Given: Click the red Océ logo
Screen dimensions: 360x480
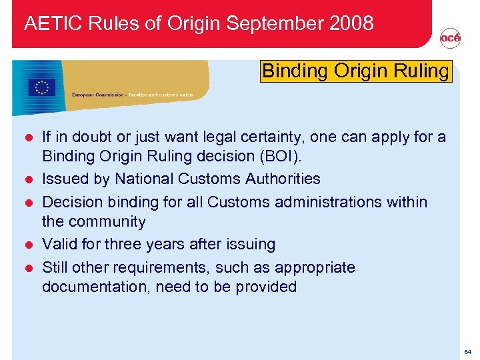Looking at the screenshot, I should pyautogui.click(x=450, y=39).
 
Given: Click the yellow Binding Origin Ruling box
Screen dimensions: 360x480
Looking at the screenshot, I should pyautogui.click(x=356, y=71).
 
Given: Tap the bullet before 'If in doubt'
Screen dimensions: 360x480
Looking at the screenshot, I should pyautogui.click(x=29, y=139).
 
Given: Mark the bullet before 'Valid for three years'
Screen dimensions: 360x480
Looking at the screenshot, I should pyautogui.click(x=29, y=245).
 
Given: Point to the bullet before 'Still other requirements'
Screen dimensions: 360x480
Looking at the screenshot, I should pyautogui.click(x=29, y=268).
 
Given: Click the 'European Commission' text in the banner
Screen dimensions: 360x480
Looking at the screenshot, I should pyautogui.click(x=98, y=95).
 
